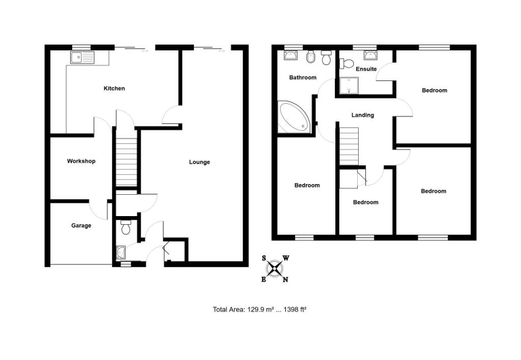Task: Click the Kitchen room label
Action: [x=114, y=88]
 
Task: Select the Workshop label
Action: [x=81, y=161]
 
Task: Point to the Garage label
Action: [x=81, y=225]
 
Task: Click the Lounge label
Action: [x=199, y=162]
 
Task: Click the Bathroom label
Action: [x=303, y=78]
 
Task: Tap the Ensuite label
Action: [x=366, y=69]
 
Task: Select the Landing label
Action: [x=363, y=115]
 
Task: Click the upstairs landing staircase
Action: [x=349, y=146]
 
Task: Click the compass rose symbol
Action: [x=275, y=268]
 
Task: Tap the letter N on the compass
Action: [x=285, y=279]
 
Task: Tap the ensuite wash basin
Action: [x=370, y=55]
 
